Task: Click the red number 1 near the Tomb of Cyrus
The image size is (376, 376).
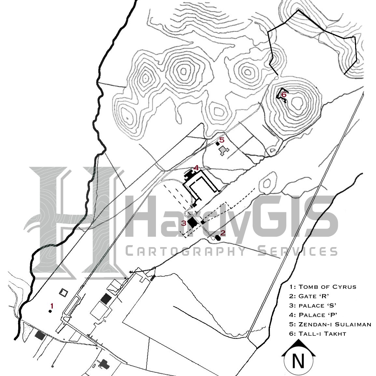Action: [51, 306]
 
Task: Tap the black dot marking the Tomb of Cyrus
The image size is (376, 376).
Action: [50, 311]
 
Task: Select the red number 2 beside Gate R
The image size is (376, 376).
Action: [223, 233]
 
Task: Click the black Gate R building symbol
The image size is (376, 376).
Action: [218, 238]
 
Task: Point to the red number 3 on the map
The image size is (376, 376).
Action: [184, 223]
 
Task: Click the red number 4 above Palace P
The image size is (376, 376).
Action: [196, 168]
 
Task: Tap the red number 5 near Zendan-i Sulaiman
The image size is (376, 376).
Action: [222, 140]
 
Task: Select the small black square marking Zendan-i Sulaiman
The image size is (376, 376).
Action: [217, 144]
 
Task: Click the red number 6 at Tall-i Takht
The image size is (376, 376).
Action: [284, 94]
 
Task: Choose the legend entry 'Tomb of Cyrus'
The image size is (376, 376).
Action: [323, 287]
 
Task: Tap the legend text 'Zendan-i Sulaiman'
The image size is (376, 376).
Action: [330, 325]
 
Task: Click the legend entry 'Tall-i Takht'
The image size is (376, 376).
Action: [318, 334]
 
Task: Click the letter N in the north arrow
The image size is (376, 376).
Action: [298, 361]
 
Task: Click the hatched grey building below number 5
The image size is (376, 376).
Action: [224, 151]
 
